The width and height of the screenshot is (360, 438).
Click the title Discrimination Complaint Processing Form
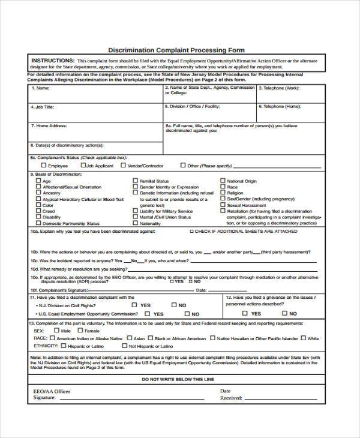176,50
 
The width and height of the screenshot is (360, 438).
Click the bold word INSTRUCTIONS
53,61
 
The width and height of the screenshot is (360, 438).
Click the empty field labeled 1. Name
96,95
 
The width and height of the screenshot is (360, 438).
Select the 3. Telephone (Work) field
291,95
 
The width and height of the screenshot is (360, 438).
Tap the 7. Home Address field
96,133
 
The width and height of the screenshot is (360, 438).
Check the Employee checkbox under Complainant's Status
43,165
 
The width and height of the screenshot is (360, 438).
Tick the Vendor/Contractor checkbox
123,165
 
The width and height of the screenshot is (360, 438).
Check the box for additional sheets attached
191,231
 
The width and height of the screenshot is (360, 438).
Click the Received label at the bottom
231,398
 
